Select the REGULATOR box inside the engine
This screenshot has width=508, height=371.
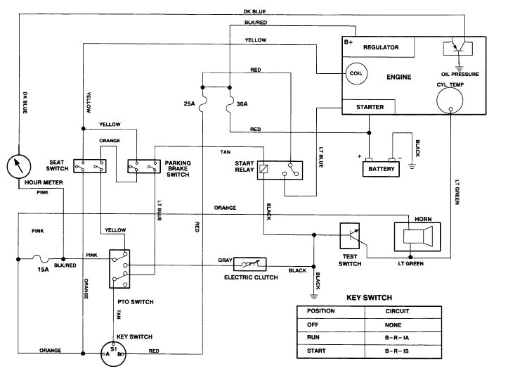(380, 47)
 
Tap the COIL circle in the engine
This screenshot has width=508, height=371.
(353, 73)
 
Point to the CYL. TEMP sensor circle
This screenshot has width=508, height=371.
(448, 101)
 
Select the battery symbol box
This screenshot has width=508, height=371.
(382, 169)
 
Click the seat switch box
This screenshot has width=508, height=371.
(91, 166)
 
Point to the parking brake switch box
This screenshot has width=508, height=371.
(143, 166)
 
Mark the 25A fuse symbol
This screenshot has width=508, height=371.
(202, 104)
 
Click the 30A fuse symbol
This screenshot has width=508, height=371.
(230, 104)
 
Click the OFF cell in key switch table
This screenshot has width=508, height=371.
(327, 325)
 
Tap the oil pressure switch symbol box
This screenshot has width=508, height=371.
(454, 49)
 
